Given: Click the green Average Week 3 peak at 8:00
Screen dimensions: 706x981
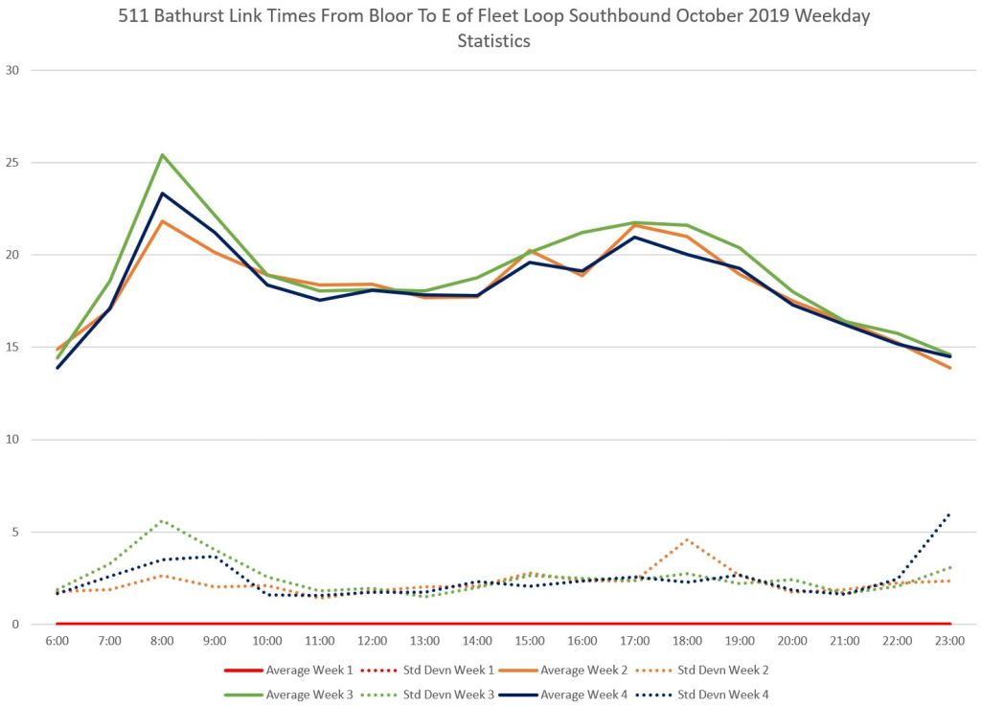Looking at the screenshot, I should [162, 154].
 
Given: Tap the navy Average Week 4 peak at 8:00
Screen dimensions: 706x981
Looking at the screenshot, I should [162, 194].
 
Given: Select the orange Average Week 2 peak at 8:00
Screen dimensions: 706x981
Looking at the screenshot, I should [162, 221].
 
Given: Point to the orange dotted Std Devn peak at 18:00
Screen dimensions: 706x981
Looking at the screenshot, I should [687, 539].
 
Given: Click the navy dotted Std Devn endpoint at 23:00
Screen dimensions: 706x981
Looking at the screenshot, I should [949, 513].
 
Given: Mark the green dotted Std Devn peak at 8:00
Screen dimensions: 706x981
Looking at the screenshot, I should [162, 520].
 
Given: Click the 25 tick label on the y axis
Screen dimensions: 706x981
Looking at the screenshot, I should [14, 163].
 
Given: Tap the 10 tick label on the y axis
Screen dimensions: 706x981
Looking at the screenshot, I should [14, 440].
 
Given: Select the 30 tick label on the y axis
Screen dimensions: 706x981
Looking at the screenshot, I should [14, 70].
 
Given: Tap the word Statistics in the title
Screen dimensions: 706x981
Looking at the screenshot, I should [493, 41].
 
